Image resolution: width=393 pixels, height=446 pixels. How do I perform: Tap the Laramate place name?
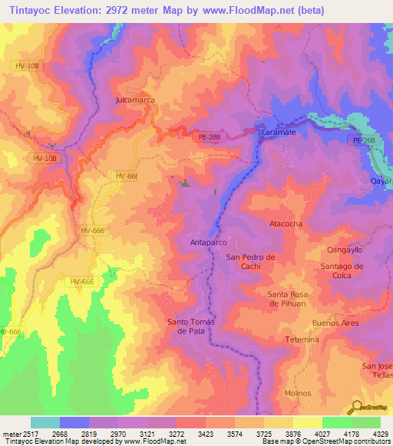pos(279,133)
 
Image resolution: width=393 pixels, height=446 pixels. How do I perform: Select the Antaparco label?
pos(207,242)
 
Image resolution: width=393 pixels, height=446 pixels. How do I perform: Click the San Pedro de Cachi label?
pos(250,261)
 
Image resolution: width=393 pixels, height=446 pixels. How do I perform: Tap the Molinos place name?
pos(297,392)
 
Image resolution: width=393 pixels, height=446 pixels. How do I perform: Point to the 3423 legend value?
pos(206,432)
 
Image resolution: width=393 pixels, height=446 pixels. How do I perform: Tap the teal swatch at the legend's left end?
pos(45,422)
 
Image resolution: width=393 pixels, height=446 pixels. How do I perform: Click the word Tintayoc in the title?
pos(32,10)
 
